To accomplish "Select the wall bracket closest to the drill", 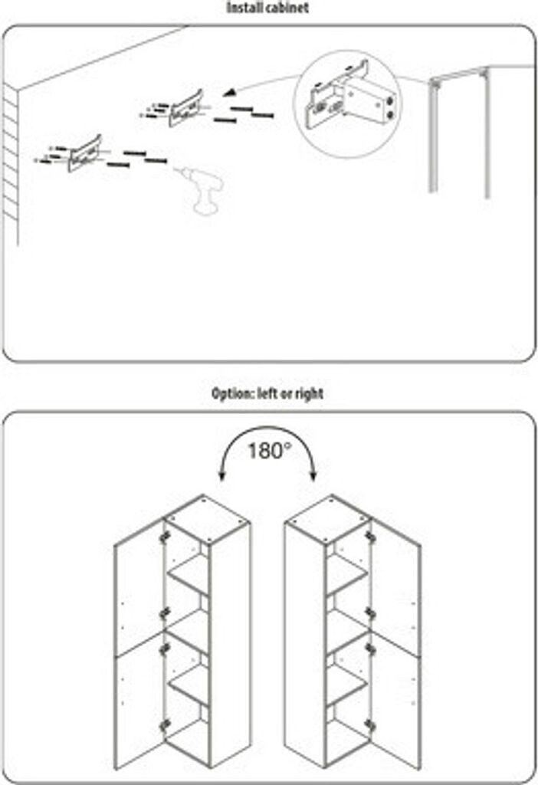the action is click(84, 153).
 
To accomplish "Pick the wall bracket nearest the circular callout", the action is click(186, 107).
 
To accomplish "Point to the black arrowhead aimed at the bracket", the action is click(228, 94).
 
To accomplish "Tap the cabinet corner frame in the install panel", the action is click(458, 130).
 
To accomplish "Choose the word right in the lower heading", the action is click(310, 394).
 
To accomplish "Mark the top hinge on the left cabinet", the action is click(164, 537).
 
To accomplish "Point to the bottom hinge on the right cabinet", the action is click(370, 724).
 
